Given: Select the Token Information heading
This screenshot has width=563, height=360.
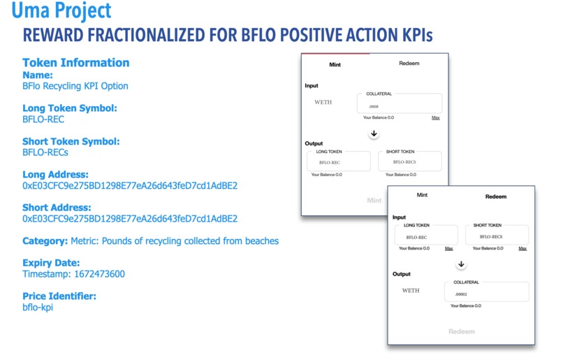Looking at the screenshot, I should (75, 62).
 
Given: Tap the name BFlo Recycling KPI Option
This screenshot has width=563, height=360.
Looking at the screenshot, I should (75, 86).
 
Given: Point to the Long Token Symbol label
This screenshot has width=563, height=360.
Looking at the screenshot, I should (69, 108).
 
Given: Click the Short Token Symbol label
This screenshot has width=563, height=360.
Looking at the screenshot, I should (71, 141).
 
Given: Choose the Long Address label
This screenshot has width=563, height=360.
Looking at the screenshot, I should (55, 174).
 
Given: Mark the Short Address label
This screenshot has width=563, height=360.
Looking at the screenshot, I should (57, 208).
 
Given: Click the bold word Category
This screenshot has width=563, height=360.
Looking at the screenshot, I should (45, 240).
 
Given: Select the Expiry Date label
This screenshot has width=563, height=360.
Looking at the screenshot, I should (56, 263).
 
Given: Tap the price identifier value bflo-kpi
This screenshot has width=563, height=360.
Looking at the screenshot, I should (38, 307).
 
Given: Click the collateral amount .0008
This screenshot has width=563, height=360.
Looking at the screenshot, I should (374, 106).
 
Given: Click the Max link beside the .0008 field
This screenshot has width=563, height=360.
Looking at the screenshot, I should (435, 117).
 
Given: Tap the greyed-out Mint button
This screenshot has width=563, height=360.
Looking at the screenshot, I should (374, 201).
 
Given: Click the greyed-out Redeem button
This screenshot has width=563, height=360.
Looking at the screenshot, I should (461, 331).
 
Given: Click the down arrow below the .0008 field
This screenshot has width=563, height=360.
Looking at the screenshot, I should (374, 133).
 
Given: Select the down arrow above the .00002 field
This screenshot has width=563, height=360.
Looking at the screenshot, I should (461, 264).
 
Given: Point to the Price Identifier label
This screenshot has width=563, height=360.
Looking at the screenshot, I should (59, 296).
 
